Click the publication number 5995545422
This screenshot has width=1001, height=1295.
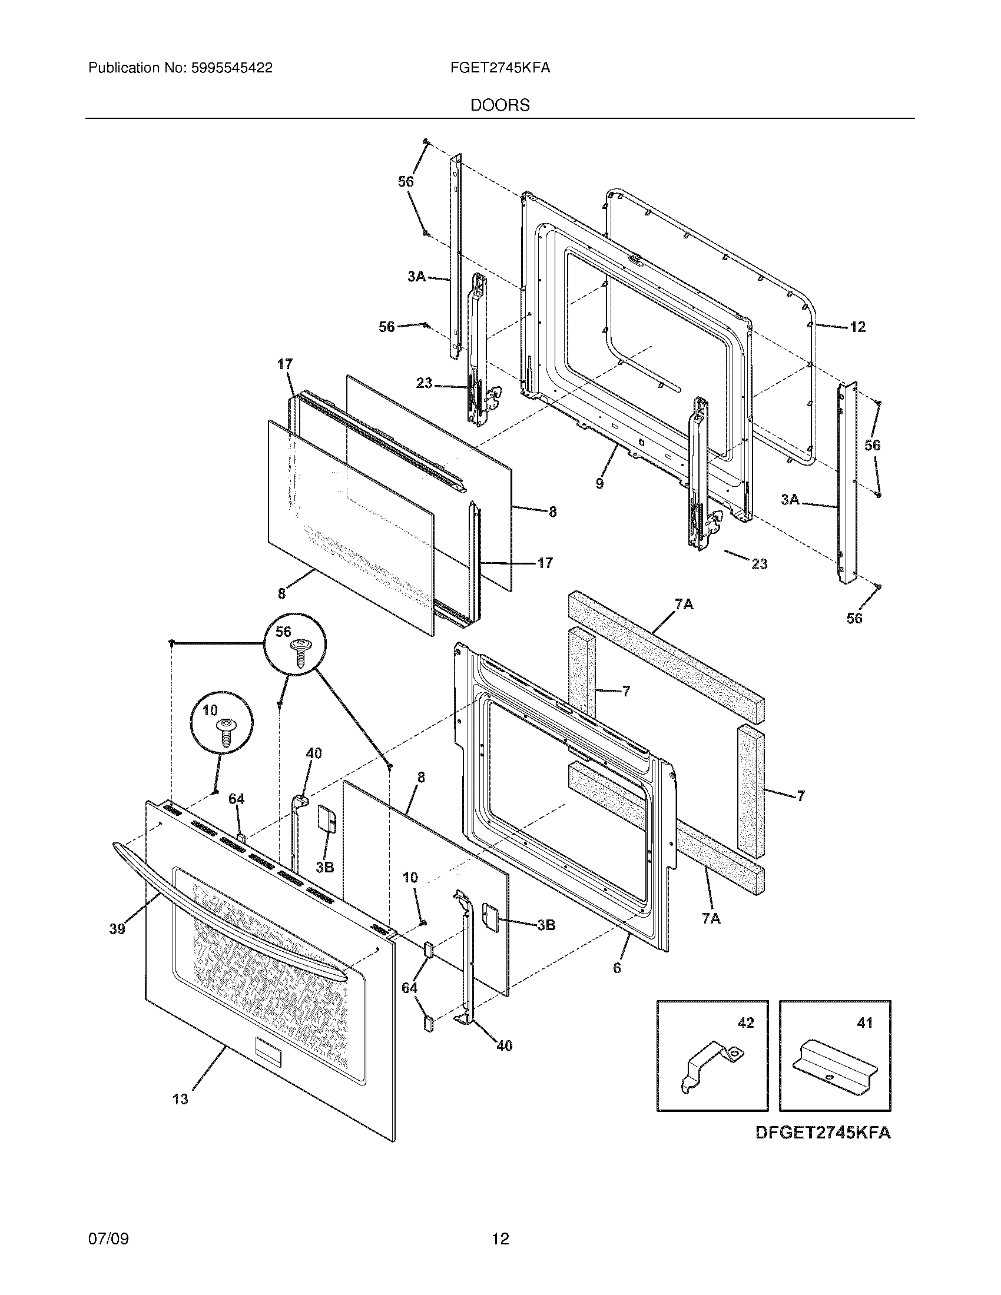[231, 68]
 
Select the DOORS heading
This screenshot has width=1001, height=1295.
[500, 105]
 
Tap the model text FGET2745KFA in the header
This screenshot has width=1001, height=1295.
[500, 68]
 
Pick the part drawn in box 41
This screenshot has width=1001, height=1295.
[834, 1067]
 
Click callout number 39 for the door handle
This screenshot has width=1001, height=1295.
[117, 928]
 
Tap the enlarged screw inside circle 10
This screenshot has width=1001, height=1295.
[226, 733]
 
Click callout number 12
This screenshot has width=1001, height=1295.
[857, 327]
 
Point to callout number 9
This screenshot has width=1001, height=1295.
[600, 483]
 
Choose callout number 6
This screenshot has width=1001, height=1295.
[617, 968]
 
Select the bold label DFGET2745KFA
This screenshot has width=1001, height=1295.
[823, 1133]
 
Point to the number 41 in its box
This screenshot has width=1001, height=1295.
[864, 1022]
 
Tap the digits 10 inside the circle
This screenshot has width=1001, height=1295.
[211, 710]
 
